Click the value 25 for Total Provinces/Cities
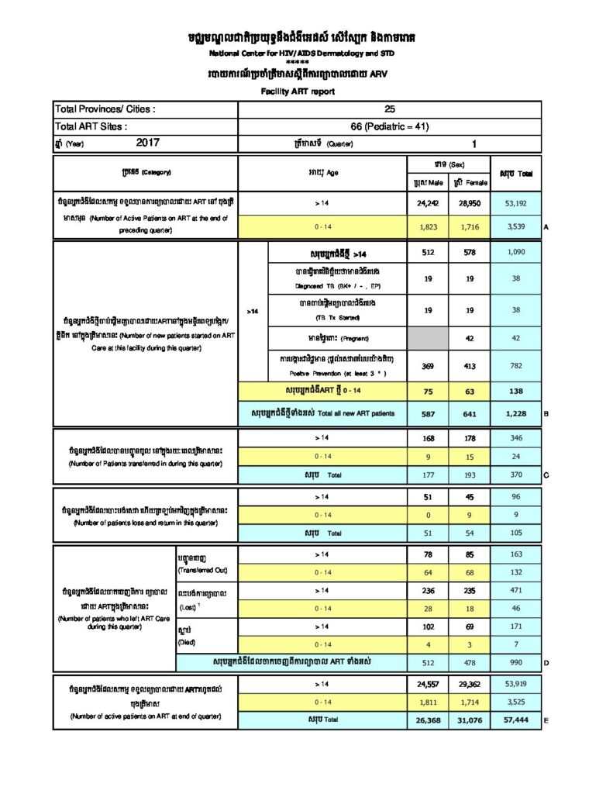coord(390,109)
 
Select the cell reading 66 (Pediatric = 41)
coord(390,126)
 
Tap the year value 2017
coord(147,143)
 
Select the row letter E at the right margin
coord(546,720)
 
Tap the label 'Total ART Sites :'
coord(91,126)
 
